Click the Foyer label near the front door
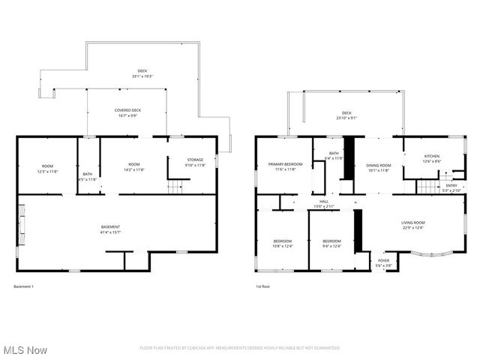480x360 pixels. point(383,261)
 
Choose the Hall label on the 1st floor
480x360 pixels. point(324,201)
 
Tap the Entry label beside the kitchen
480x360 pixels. point(450,185)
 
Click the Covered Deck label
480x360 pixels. point(127,110)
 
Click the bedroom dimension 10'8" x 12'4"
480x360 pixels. point(283,246)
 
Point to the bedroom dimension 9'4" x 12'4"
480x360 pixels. point(331,246)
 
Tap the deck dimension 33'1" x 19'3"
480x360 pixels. point(142,76)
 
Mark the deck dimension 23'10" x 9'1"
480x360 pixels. point(346,117)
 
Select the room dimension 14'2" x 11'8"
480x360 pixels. point(133,169)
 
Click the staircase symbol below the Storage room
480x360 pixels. point(175,187)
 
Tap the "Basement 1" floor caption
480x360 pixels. point(24,286)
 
